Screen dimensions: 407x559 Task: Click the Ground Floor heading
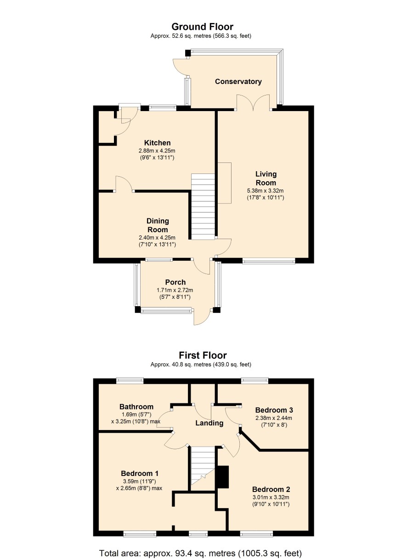202,27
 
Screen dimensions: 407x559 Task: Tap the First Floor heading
203,355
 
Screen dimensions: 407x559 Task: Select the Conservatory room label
238,82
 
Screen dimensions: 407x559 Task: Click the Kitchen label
158,143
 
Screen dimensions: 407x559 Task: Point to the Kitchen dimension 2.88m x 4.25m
157,151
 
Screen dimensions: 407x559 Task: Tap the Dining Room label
158,225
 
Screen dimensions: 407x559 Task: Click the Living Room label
266,178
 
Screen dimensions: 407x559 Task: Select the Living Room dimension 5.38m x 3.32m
266,191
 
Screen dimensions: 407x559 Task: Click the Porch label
175,282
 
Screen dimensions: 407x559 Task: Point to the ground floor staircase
203,207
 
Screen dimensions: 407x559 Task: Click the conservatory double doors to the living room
253,102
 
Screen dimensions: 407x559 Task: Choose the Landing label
209,423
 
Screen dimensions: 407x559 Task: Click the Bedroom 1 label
140,473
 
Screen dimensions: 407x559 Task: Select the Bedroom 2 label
271,489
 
